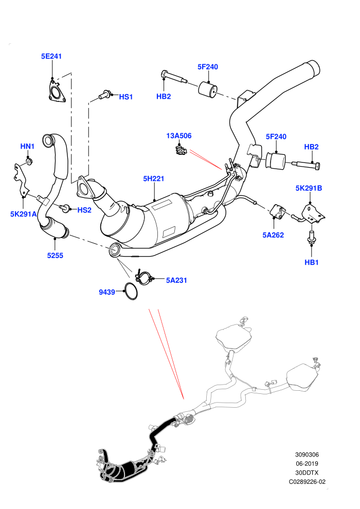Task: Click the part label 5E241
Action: coord(51,56)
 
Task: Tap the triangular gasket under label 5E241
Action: coord(56,91)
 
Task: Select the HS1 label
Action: coord(125,97)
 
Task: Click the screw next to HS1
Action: coord(104,94)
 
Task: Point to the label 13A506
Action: coord(179,136)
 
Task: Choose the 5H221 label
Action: coord(154,178)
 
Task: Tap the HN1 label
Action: coord(27,147)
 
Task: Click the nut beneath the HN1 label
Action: coord(29,161)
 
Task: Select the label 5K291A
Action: coord(23,214)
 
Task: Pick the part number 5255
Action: coord(55,256)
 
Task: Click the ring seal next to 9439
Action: coord(131,291)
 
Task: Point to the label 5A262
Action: coord(273,235)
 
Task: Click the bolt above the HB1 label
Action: coord(311,238)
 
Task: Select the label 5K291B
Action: coord(309,188)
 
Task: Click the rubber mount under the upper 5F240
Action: coord(207,88)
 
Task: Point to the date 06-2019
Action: coord(307,464)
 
